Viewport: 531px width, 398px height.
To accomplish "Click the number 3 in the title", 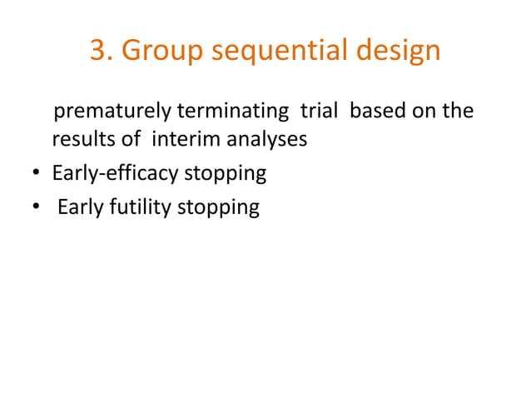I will (x=98, y=52).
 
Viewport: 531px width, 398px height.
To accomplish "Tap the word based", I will (x=375, y=111).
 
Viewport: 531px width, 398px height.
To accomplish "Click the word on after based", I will (x=424, y=112).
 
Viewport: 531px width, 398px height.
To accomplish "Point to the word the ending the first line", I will (x=459, y=111).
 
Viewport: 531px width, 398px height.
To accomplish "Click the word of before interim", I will (x=132, y=139).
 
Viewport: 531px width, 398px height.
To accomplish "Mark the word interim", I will (x=181, y=139).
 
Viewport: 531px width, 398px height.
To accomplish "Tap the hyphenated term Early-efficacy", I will (x=114, y=174).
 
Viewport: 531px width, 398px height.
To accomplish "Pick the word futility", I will (x=141, y=207).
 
